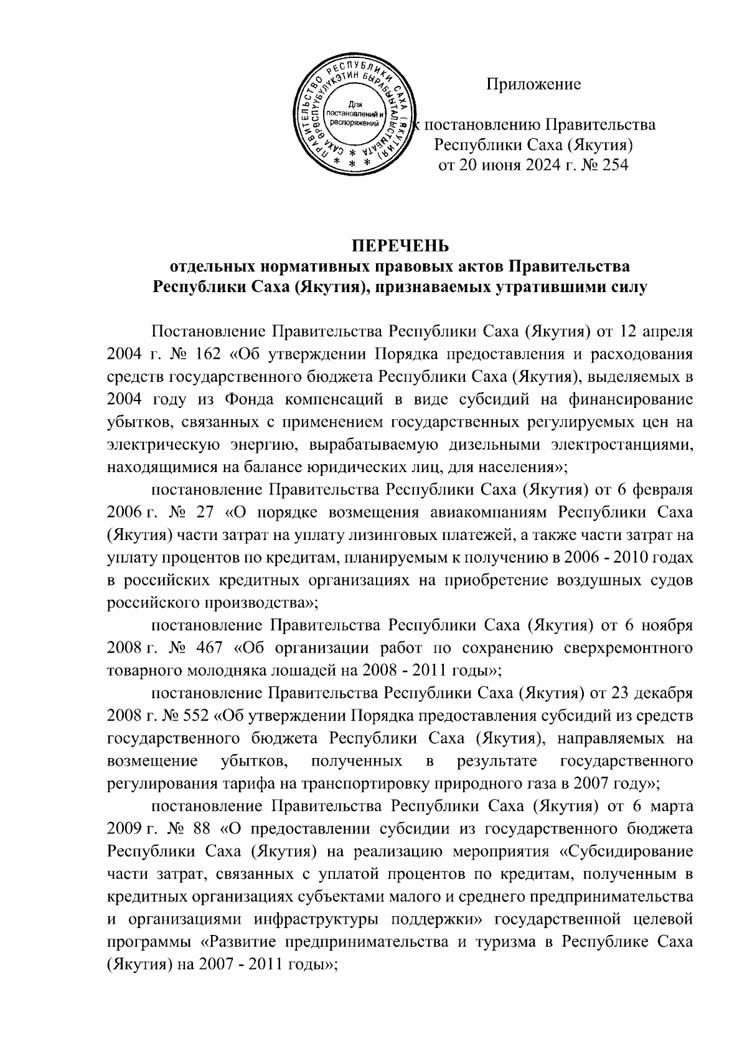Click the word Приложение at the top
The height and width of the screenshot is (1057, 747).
533,85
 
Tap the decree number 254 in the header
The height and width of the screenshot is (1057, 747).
614,165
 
